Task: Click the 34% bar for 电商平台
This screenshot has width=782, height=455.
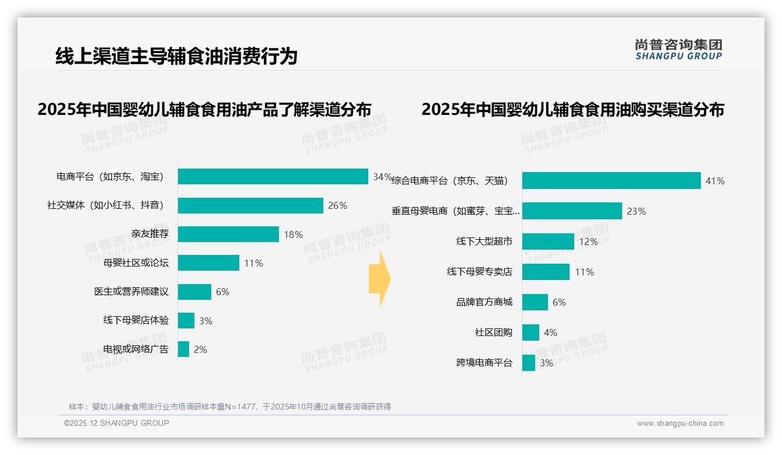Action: click(x=273, y=177)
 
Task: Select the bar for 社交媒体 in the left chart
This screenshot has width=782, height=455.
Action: click(x=250, y=205)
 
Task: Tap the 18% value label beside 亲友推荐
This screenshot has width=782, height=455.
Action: click(x=293, y=235)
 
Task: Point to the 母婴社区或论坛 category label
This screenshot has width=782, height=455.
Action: click(x=136, y=263)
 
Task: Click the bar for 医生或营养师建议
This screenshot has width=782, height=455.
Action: click(x=194, y=292)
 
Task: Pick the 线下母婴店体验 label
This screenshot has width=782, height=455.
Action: click(x=136, y=320)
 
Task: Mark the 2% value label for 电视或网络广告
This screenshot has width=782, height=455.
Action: click(x=200, y=349)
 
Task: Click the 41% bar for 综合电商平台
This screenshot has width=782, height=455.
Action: click(x=611, y=181)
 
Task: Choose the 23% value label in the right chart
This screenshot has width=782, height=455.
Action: click(x=636, y=211)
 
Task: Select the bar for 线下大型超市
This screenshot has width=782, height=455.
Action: click(x=548, y=242)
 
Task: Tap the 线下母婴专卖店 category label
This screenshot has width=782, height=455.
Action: click(x=480, y=272)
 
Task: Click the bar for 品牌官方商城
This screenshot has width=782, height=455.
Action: click(x=535, y=302)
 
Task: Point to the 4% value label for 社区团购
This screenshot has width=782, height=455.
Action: click(x=550, y=332)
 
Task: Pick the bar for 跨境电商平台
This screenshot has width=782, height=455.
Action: click(x=529, y=363)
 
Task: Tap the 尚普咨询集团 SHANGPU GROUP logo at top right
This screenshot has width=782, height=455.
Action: click(x=679, y=50)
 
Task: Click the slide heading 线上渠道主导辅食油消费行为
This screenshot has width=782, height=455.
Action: click(x=176, y=56)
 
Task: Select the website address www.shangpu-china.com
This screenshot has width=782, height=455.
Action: click(x=680, y=423)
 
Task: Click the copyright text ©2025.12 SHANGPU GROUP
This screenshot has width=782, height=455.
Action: click(x=117, y=423)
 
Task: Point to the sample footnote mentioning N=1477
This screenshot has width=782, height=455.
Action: click(x=230, y=407)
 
